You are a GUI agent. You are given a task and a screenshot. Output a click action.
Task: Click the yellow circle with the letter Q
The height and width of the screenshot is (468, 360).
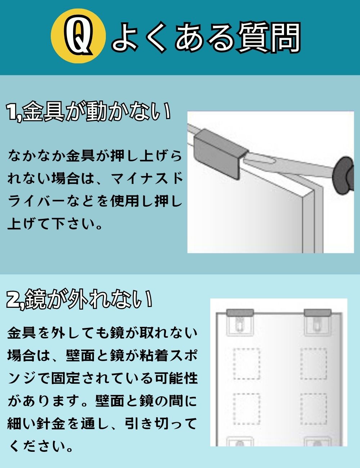coord(78,37)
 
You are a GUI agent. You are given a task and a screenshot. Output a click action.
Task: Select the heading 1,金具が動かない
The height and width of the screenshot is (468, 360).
coord(89,112)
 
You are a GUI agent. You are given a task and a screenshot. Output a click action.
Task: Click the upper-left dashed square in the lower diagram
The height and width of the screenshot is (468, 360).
coord(247,364)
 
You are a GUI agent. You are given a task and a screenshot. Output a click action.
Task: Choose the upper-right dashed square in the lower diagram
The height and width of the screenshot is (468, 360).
coord(314,364)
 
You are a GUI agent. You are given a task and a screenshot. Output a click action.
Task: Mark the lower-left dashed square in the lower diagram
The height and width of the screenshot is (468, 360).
coord(247,409)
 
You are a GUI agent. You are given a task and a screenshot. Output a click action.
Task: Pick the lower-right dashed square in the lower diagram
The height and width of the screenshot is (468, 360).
coord(314,409)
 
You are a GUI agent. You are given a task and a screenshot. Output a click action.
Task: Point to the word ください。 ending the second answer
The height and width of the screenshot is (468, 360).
coord(40,446)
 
